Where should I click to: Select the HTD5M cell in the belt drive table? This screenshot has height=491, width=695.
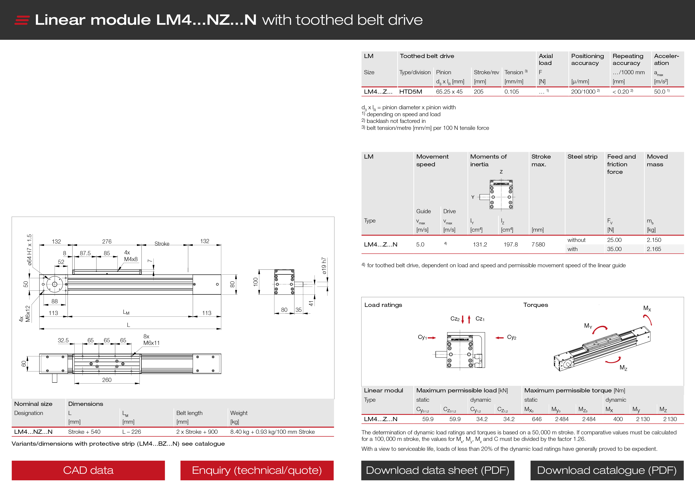(x=411, y=92)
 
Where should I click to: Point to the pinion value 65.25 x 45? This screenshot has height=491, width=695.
(x=449, y=92)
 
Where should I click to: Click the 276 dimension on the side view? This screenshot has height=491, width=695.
(x=107, y=241)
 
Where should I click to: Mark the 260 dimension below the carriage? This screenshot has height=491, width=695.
(x=107, y=380)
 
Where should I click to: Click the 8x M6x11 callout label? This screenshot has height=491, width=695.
(x=151, y=340)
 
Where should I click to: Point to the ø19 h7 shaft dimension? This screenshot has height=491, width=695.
(x=324, y=266)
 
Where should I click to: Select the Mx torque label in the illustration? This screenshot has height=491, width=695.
(x=647, y=308)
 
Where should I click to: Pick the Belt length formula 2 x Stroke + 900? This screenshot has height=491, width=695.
(x=197, y=432)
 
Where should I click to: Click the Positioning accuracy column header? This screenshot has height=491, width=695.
(x=587, y=60)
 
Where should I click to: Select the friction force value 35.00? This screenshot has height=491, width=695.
(x=614, y=249)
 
